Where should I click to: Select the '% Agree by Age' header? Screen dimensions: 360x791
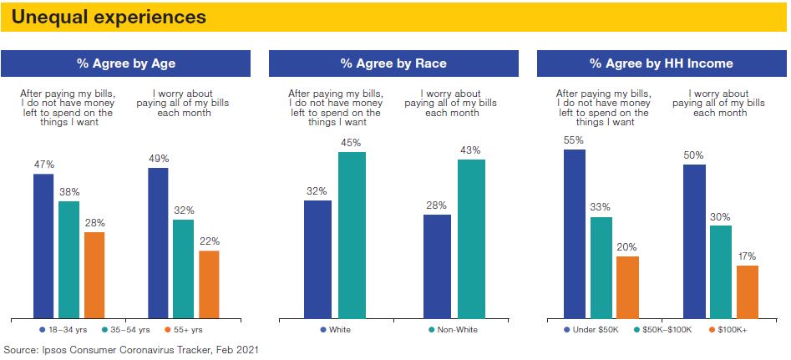click(x=125, y=63)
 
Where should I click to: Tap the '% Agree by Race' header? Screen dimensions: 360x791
click(x=393, y=63)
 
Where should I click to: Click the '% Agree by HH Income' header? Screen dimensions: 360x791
click(x=661, y=63)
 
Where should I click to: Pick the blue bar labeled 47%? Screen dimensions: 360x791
click(x=43, y=246)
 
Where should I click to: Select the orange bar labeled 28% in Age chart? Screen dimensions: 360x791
click(x=94, y=275)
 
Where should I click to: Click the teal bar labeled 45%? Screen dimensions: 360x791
click(x=352, y=235)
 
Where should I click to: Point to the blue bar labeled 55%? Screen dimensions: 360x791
click(x=575, y=234)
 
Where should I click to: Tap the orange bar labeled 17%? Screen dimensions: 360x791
click(x=748, y=292)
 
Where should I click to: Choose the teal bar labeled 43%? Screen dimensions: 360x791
click(x=471, y=239)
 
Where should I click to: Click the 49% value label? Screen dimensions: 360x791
click(x=159, y=158)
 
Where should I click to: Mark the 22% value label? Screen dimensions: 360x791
click(x=209, y=241)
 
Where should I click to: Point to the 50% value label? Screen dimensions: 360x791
click(x=693, y=155)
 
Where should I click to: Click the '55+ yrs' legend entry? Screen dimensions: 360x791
click(x=191, y=330)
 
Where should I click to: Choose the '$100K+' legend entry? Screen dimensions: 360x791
click(x=728, y=330)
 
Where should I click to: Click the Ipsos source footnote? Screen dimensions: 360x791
click(x=131, y=349)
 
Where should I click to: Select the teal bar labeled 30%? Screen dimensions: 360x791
click(x=721, y=271)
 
